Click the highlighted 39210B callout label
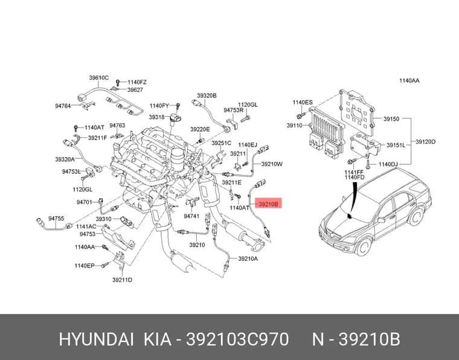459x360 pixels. click(x=268, y=204)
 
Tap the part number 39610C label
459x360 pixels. click(x=99, y=78)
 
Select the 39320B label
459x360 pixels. click(x=207, y=95)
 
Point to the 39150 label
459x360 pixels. click(x=391, y=119)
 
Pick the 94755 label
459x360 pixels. click(x=56, y=219)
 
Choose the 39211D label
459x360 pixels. click(x=122, y=280)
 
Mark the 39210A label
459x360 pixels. click(x=248, y=259)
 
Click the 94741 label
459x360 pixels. click(x=191, y=216)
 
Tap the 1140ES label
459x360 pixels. click(x=303, y=103)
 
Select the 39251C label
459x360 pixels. click(x=221, y=143)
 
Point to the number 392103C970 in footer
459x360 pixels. click(x=237, y=339)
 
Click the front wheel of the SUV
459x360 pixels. click(x=364, y=247)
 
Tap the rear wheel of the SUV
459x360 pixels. click(x=417, y=216)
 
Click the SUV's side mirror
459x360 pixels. click(x=381, y=220)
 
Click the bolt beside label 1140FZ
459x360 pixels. click(x=118, y=82)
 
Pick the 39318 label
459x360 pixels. click(x=156, y=117)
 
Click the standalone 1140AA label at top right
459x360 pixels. click(x=409, y=80)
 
